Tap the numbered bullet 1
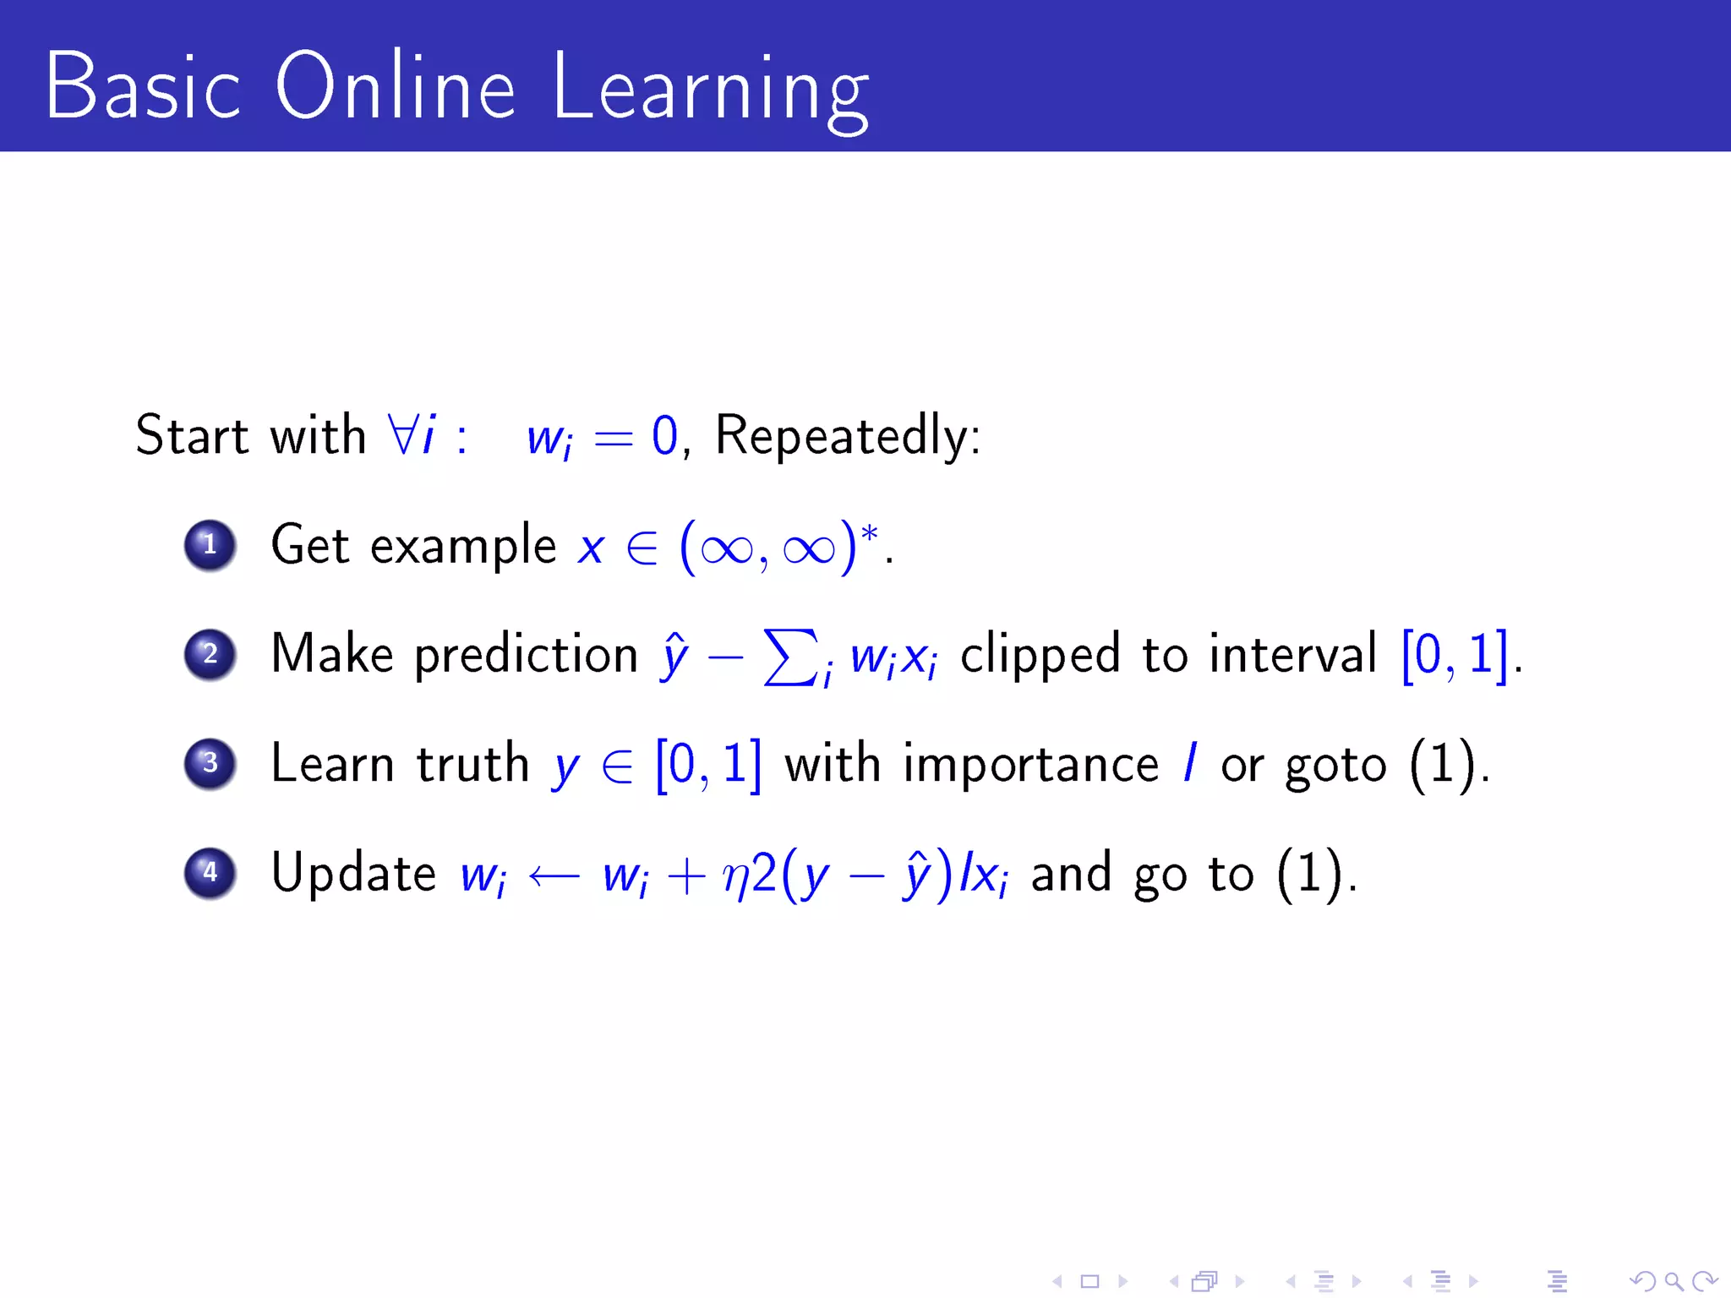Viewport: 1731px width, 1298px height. tap(210, 545)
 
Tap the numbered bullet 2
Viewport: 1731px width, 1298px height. tap(210, 654)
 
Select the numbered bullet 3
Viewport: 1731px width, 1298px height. tap(210, 763)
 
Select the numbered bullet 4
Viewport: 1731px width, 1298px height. tap(210, 872)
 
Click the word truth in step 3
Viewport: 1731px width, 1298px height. tap(472, 764)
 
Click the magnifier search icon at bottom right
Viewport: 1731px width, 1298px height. tap(1673, 1281)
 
